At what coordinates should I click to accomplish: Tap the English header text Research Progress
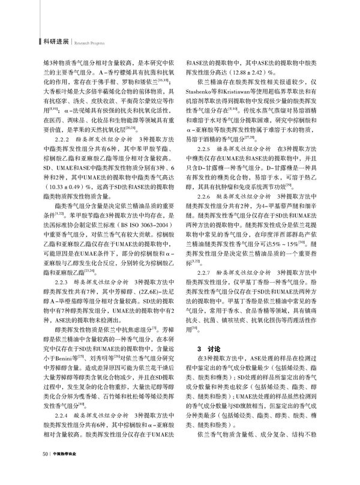coord(90,43)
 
